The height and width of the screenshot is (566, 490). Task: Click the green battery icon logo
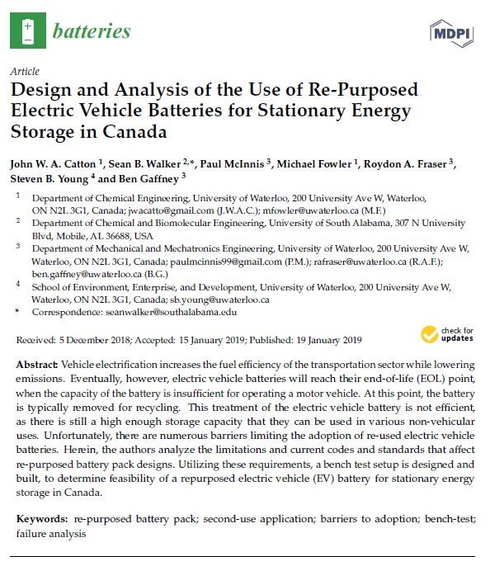pyautogui.click(x=28, y=31)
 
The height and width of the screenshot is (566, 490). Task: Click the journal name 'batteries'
pyautogui.click(x=91, y=32)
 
